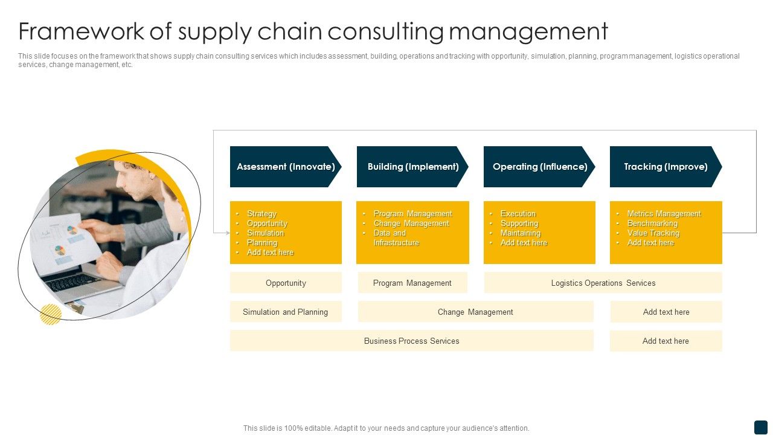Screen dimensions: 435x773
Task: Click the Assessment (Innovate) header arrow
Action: pos(286,167)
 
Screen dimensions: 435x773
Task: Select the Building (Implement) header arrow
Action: pos(412,167)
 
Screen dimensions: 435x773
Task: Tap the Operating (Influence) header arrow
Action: pos(539,167)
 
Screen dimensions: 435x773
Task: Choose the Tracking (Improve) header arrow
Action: pos(666,167)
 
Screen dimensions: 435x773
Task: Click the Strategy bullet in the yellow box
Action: pos(261,214)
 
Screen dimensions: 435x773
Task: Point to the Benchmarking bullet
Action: pos(652,224)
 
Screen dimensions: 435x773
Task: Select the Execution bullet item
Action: pos(518,214)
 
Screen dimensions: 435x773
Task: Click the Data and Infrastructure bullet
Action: pos(396,238)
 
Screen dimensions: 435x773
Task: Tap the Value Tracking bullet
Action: pos(653,233)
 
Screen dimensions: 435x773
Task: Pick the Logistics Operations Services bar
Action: pos(603,283)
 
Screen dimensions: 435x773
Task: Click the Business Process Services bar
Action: pos(411,341)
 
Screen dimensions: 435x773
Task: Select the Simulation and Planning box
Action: pos(286,312)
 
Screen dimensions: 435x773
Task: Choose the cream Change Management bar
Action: pos(475,312)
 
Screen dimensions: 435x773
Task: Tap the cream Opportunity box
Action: pos(286,283)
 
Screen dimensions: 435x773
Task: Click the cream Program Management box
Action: pos(412,283)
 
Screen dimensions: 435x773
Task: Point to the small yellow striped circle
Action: pos(51,314)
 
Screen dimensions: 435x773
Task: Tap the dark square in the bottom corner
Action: pos(760,427)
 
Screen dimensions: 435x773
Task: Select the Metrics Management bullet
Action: pos(664,214)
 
